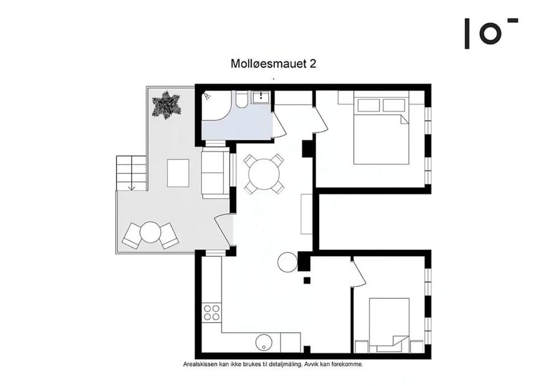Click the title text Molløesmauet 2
pyautogui.click(x=273, y=63)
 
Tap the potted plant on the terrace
pyautogui.click(x=166, y=105)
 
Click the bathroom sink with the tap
pyautogui.click(x=260, y=96)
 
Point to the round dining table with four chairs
pyautogui.click(x=264, y=174)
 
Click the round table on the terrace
pyautogui.click(x=150, y=232)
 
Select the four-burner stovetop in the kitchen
pyautogui.click(x=212, y=313)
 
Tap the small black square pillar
pyautogui.click(x=307, y=280)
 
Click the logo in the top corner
pyautogui.click(x=491, y=33)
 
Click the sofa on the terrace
pyautogui.click(x=215, y=173)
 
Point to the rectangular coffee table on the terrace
pyautogui.click(x=178, y=173)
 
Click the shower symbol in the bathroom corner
pyautogui.click(x=207, y=96)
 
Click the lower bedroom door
pyautogui.click(x=358, y=273)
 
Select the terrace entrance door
pyautogui.click(x=223, y=231)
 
